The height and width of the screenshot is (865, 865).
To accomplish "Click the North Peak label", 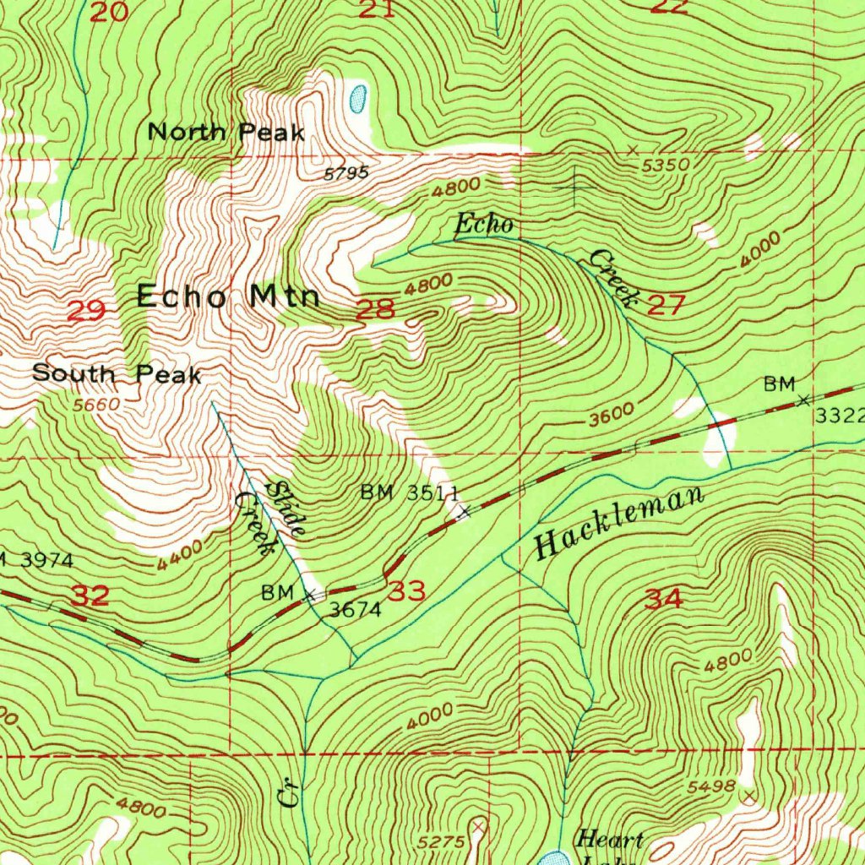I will (226, 132).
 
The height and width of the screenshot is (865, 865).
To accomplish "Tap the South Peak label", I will (117, 373).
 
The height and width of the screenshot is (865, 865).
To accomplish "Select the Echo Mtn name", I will (228, 296).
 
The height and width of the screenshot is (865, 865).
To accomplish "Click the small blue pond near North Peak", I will (357, 98).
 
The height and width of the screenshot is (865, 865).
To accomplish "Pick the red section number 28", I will (375, 309).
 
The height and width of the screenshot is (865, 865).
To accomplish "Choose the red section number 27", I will (666, 305).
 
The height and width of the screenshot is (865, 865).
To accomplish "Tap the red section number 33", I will (408, 590).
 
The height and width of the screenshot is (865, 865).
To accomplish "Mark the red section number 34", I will (663, 600).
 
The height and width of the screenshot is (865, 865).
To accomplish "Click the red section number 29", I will (86, 311).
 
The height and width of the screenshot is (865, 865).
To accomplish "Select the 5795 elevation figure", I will (346, 173).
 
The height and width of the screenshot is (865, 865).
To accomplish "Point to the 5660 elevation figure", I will (96, 405).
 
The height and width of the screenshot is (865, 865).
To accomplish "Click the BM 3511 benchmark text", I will (410, 492).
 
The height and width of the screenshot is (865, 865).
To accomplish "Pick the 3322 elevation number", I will (840, 415).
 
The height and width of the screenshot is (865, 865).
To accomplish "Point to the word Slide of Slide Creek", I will (286, 509).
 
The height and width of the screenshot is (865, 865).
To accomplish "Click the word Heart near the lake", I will (609, 840).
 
